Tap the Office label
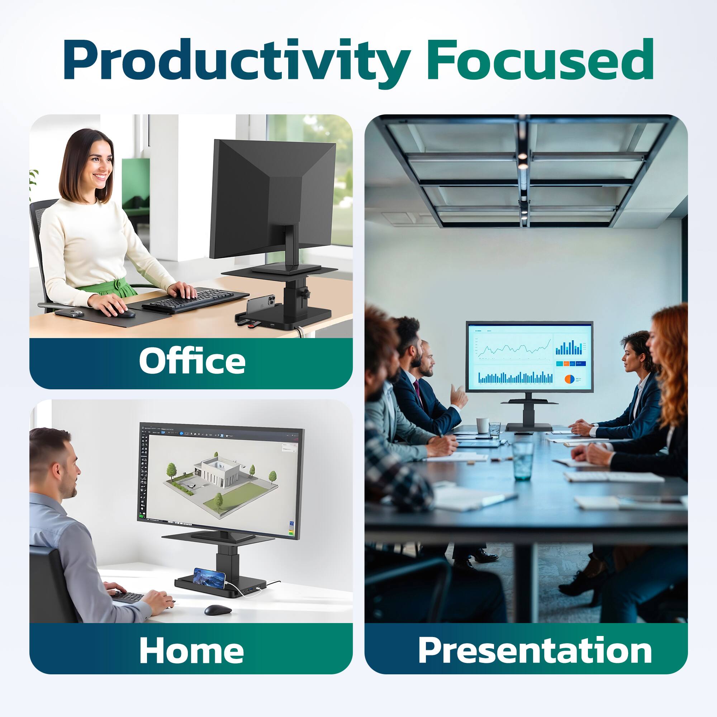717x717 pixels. point(192,361)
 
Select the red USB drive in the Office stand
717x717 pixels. point(253,327)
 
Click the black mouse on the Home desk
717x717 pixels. point(218,609)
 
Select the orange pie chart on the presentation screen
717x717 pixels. point(569,379)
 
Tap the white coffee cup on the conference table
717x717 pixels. point(483,425)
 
